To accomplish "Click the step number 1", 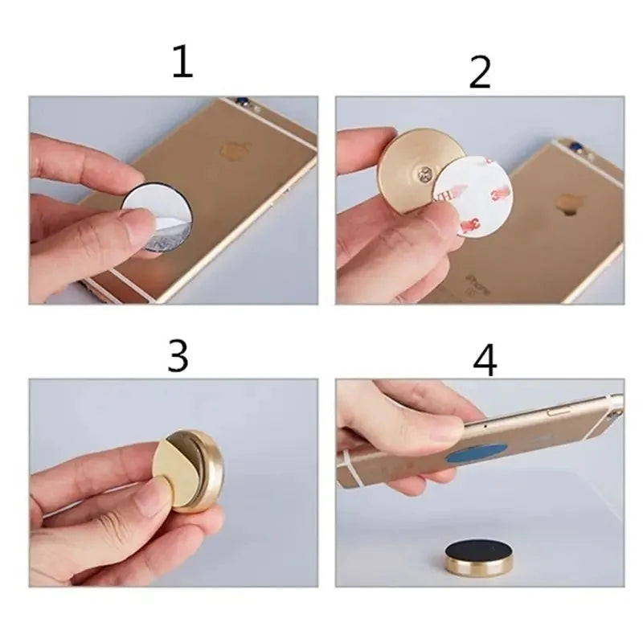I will pyautogui.click(x=182, y=62).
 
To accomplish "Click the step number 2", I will pyautogui.click(x=480, y=72).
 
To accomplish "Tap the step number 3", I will pyautogui.click(x=177, y=356).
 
